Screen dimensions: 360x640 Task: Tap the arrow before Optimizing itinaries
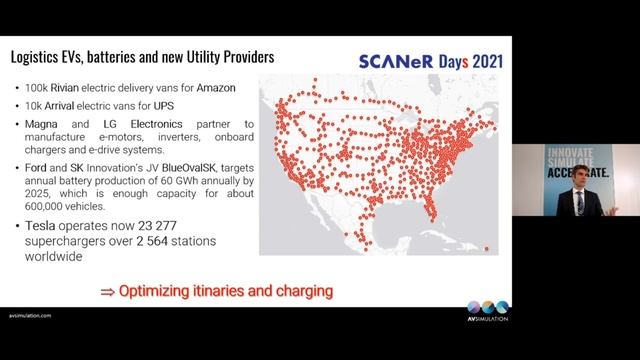pyautogui.click(x=105, y=292)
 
